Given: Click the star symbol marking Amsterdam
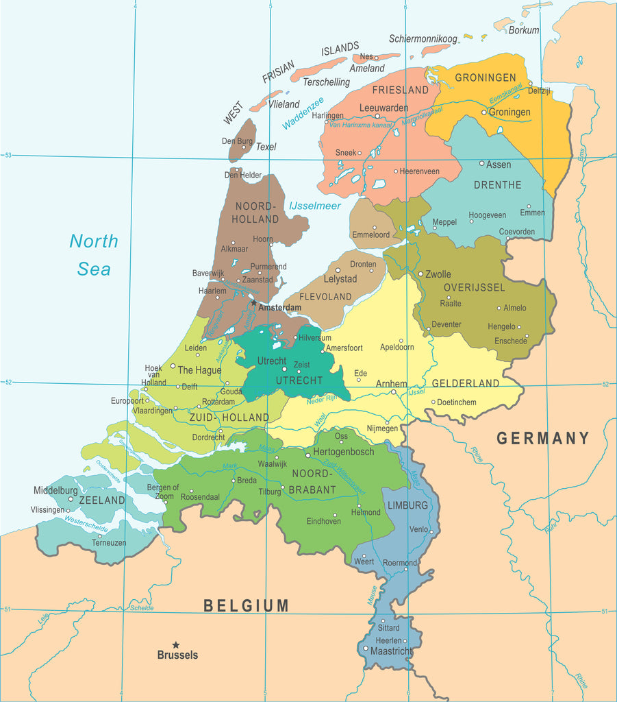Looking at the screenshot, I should [253, 302].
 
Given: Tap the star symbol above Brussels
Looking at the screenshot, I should [176, 645].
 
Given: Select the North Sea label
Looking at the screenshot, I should [94, 255].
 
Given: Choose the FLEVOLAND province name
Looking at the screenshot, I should [326, 297].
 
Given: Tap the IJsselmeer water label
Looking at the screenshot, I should [314, 206].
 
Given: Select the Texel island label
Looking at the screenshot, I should [266, 147].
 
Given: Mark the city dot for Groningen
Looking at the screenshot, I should [483, 112].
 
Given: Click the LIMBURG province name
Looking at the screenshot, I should [407, 505].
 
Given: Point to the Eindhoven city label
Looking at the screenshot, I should [323, 522].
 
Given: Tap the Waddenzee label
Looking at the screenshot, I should [303, 113].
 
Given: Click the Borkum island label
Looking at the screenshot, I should [524, 30].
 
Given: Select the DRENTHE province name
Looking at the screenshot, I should [497, 185].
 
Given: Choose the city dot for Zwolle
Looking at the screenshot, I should [420, 273].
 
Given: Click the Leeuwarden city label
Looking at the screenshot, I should [383, 108].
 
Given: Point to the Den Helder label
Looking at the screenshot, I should [243, 175].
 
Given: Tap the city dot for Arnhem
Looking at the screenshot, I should [393, 392].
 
